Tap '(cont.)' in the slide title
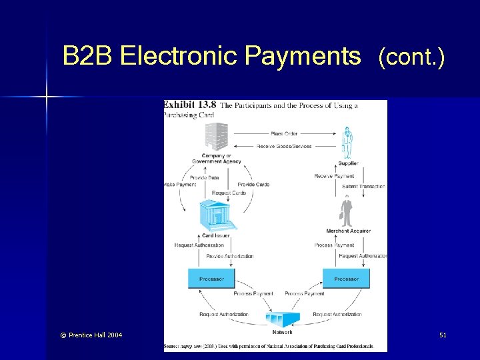[411, 58]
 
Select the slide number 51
[443, 335]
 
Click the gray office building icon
[217, 137]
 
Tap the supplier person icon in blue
[347, 142]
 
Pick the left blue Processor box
[211, 279]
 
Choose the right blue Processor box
[346, 279]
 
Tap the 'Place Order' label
[284, 134]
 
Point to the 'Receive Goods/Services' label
[284, 146]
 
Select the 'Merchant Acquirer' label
[348, 231]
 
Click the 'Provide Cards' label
[253, 184]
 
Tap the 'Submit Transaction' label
[363, 187]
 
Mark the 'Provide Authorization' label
[229, 256]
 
